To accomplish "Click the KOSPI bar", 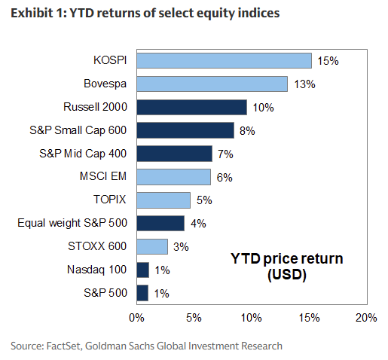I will pos(224,60).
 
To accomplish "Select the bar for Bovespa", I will pos(212,84).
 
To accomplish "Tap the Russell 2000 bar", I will pos(191,107).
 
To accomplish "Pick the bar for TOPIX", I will pos(163,200).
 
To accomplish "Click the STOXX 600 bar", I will pos(152,246).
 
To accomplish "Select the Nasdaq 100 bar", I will pos(142,270).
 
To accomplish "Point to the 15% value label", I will pos(327,60).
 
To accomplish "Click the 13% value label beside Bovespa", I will pos(303,84).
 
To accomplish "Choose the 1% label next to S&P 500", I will pos(162,293).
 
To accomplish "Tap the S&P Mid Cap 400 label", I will pos(83,154).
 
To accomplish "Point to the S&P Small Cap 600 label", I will pos(81,130).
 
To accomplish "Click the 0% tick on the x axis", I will pos(136,317).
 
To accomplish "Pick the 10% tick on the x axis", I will pos(251,317).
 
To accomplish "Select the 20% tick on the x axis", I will pos(365,317).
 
